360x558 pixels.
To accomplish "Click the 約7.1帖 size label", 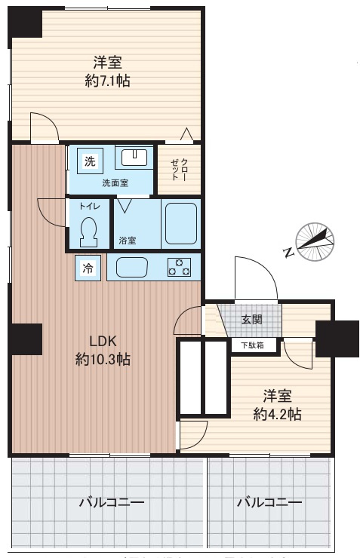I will click(x=107, y=81).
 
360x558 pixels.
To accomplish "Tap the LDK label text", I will click(x=103, y=340).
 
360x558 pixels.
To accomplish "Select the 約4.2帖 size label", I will click(x=277, y=413).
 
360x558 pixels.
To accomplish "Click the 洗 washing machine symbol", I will click(x=91, y=161).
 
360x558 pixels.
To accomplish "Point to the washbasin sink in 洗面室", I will click(x=137, y=158).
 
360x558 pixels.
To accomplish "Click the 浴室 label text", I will click(x=128, y=241).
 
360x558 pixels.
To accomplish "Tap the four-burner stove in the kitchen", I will click(x=179, y=267).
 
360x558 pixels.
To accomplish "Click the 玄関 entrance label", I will click(x=252, y=319).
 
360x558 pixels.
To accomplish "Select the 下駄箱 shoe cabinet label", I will click(x=253, y=345).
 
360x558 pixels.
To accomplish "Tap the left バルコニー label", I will click(x=111, y=502).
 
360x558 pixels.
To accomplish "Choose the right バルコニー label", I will click(x=269, y=502).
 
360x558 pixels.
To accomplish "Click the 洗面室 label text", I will click(x=115, y=182).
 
